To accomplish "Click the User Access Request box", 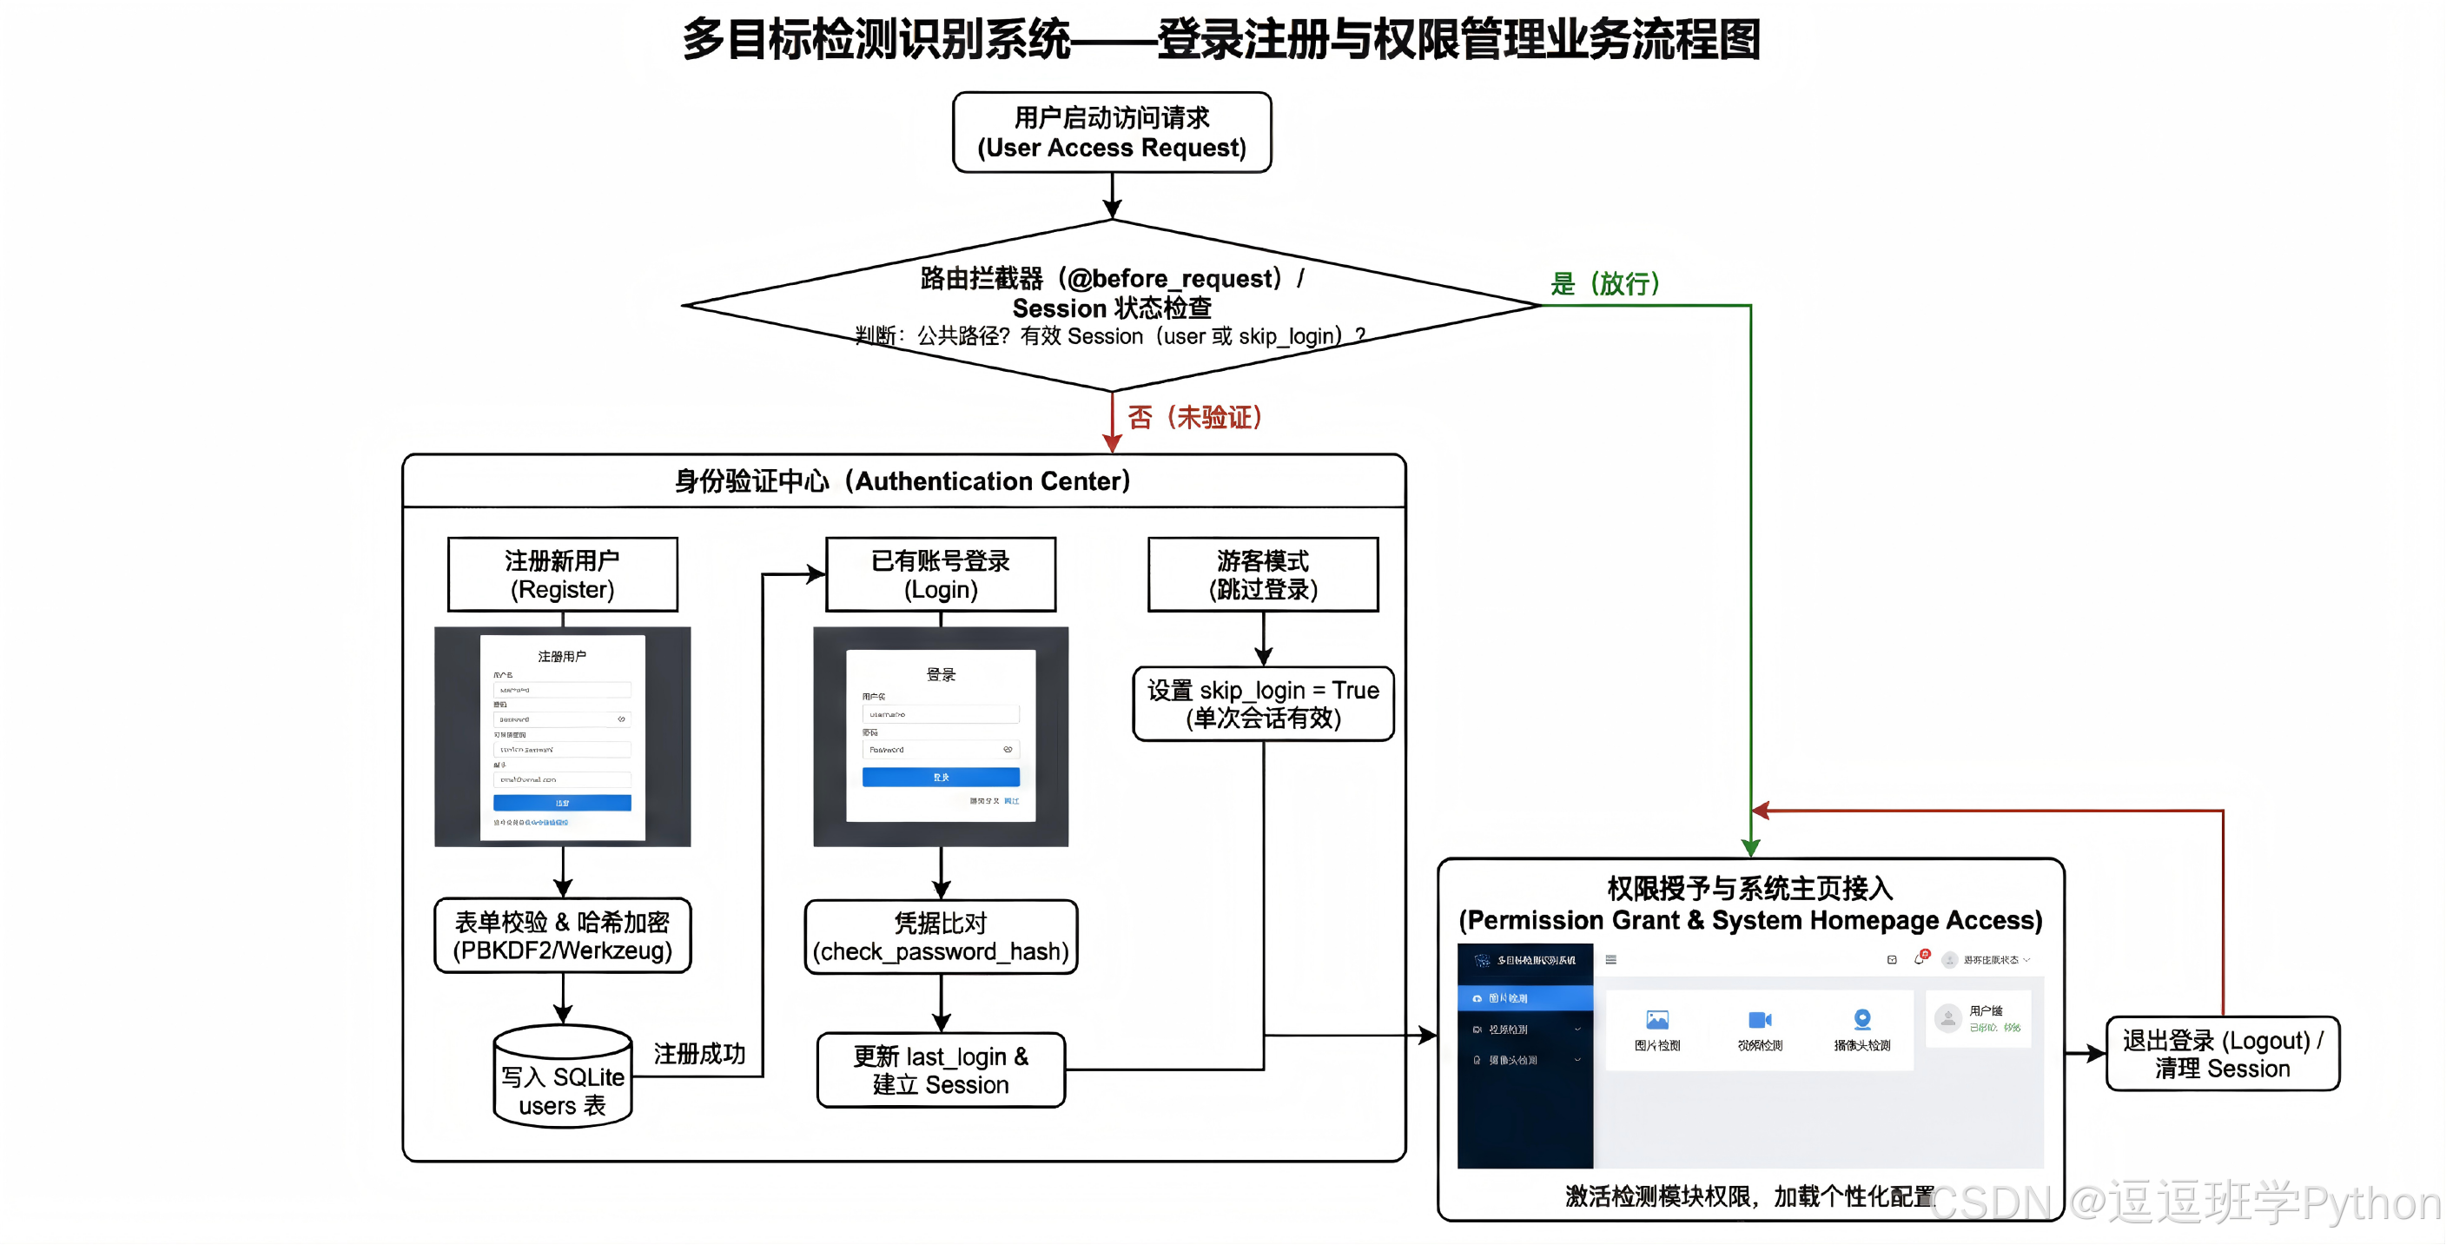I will click(x=1111, y=132).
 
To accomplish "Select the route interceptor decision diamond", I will click(x=1111, y=304).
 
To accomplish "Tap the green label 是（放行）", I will click(x=1604, y=283).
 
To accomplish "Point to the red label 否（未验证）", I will click(x=1194, y=417).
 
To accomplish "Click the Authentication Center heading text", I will click(x=902, y=481).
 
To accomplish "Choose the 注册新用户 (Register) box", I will click(x=562, y=574).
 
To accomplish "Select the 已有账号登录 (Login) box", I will click(x=940, y=574).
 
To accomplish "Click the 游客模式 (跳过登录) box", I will click(x=1263, y=574).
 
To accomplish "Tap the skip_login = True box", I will click(x=1263, y=704).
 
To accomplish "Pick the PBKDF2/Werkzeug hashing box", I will click(x=562, y=936).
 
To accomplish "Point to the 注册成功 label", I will click(x=699, y=1054).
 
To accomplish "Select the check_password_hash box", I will click(x=940, y=937).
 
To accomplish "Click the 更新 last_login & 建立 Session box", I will click(x=940, y=1070).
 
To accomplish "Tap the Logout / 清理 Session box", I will click(x=2222, y=1053).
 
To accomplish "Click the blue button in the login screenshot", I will click(x=940, y=777).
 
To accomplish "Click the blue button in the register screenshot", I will click(x=562, y=803).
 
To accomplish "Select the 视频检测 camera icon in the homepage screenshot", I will click(x=1760, y=1020).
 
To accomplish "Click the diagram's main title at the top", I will click(x=1221, y=40).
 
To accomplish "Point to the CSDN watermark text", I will click(x=2184, y=1202).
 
